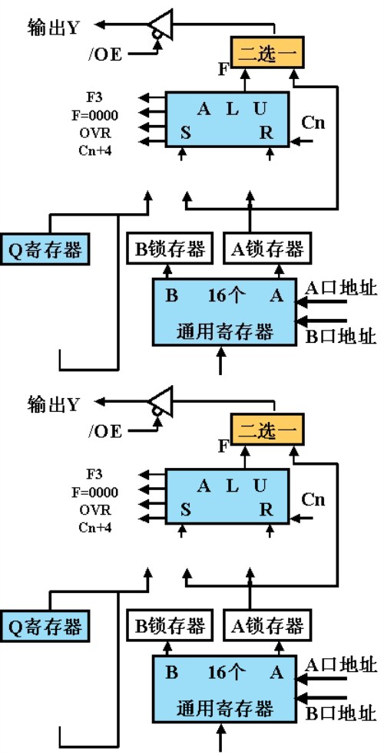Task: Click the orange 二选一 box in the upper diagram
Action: [x=268, y=53]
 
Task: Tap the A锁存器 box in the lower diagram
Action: [x=266, y=626]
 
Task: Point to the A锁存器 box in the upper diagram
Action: [x=266, y=249]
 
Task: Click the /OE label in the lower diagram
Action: [x=105, y=430]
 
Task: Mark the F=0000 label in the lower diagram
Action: [x=94, y=491]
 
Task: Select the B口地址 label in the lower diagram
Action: [x=341, y=713]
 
